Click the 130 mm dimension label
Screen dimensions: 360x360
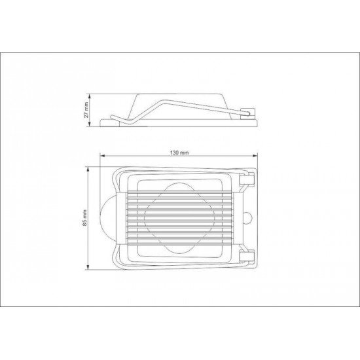(179, 153)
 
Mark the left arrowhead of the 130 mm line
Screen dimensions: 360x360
(101, 156)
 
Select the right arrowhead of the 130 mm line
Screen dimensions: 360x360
(256, 156)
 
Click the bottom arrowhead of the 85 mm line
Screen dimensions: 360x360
(89, 267)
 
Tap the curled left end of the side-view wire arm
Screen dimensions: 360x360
(113, 118)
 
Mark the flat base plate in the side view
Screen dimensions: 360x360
(177, 123)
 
